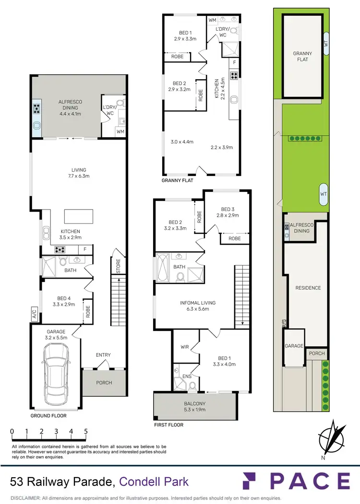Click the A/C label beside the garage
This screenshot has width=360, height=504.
(35, 315)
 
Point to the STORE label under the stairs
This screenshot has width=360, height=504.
(118, 267)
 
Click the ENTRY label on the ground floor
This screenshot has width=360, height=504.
(103, 355)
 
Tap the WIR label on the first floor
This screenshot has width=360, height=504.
(184, 347)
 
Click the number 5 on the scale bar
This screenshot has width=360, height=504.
(85, 431)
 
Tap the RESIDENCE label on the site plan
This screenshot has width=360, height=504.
(308, 288)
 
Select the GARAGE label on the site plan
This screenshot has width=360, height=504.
(294, 346)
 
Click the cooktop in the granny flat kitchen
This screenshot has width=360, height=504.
(235, 75)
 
